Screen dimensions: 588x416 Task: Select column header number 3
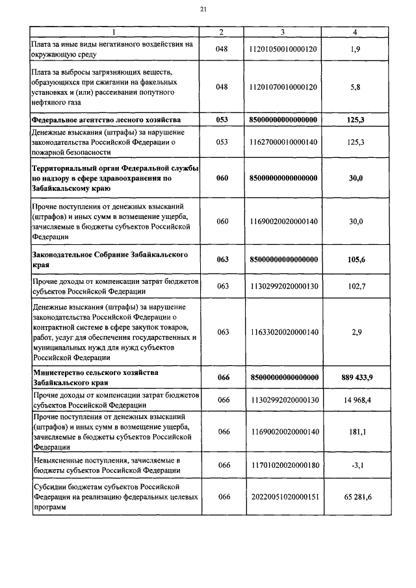pos(283,32)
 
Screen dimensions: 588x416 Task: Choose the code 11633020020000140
pos(283,332)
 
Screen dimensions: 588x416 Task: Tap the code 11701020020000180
pos(283,465)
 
